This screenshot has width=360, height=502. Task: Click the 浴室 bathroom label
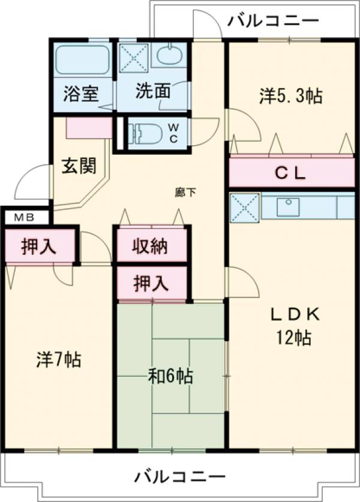tap(82, 94)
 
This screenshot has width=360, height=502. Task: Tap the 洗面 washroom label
tap(153, 91)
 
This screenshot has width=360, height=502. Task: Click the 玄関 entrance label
tap(79, 166)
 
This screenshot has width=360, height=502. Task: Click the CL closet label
tap(290, 174)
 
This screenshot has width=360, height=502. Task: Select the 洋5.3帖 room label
tap(290, 96)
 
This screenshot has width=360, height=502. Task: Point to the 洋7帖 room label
tap(59, 359)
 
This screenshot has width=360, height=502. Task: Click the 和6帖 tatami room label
tap(171, 376)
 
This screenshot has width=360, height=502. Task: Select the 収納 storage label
tap(151, 247)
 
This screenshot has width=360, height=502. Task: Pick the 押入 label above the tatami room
tap(151, 283)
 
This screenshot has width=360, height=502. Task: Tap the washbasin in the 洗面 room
tap(171, 56)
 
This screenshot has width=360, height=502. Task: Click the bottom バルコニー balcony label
tap(180, 477)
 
